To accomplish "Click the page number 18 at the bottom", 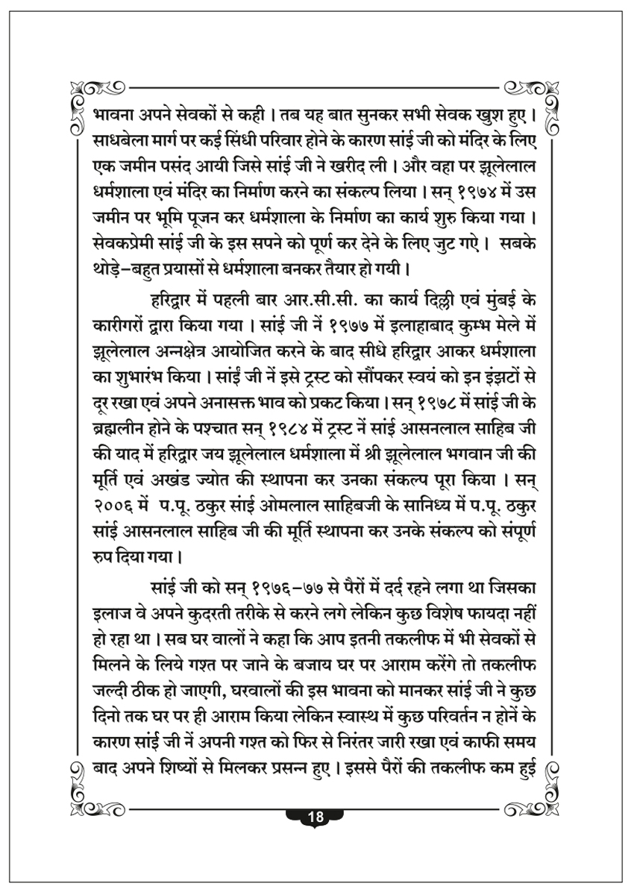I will click(x=316, y=816).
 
